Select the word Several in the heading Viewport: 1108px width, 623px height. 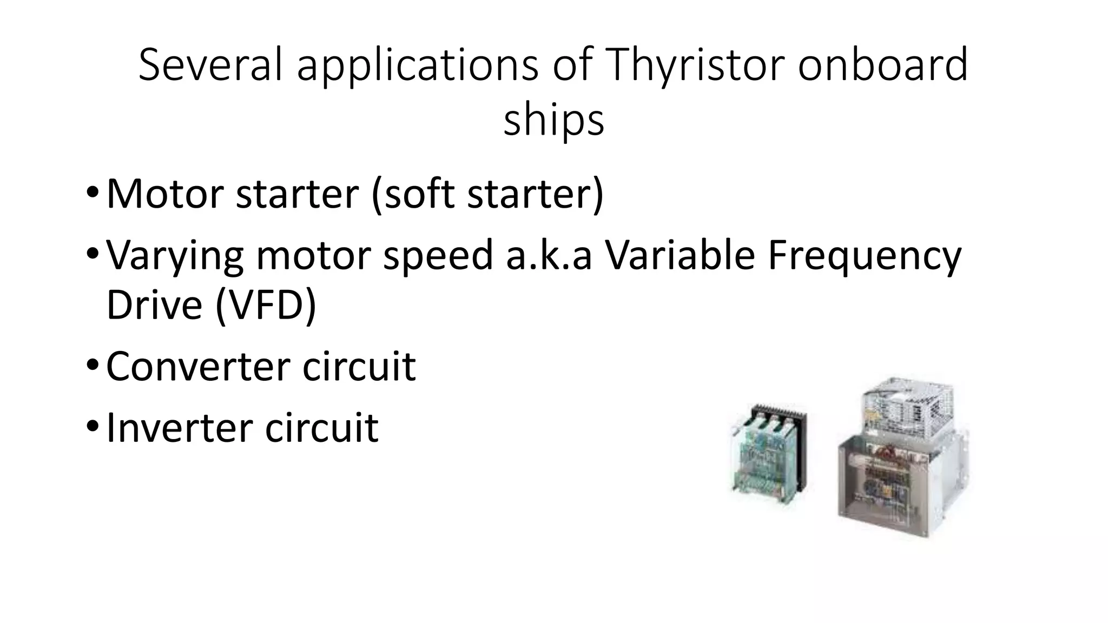pyautogui.click(x=210, y=65)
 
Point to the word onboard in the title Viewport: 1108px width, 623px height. pyautogui.click(x=883, y=65)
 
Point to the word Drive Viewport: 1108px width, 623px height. pyautogui.click(x=154, y=304)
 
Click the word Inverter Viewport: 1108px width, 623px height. pyautogui.click(x=179, y=427)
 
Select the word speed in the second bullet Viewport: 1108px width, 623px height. pyautogui.click(x=438, y=256)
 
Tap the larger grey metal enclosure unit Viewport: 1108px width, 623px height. pyautogui.click(x=901, y=481)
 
